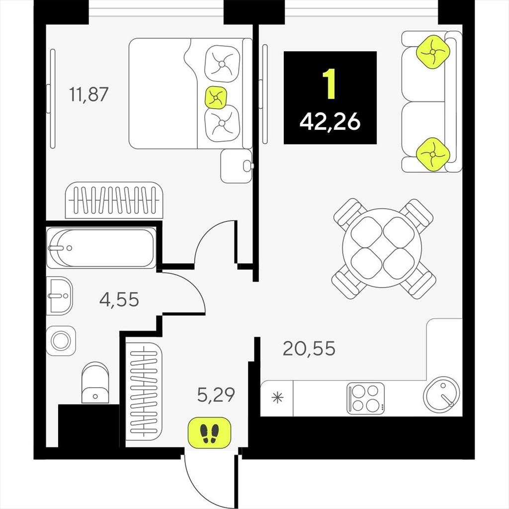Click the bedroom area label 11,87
coord(88,94)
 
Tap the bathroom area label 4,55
coord(119,299)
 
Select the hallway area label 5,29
coord(216,395)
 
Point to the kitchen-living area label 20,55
coord(309,348)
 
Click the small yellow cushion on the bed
coord(216,97)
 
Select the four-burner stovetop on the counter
coord(365,398)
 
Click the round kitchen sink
coord(441,396)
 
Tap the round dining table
coord(382,248)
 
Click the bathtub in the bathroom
coord(101,248)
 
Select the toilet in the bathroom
coord(95,383)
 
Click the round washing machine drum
coord(61,341)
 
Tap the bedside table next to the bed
coord(236,166)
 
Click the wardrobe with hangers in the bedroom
coord(114,200)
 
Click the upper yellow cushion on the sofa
coord(433,52)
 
